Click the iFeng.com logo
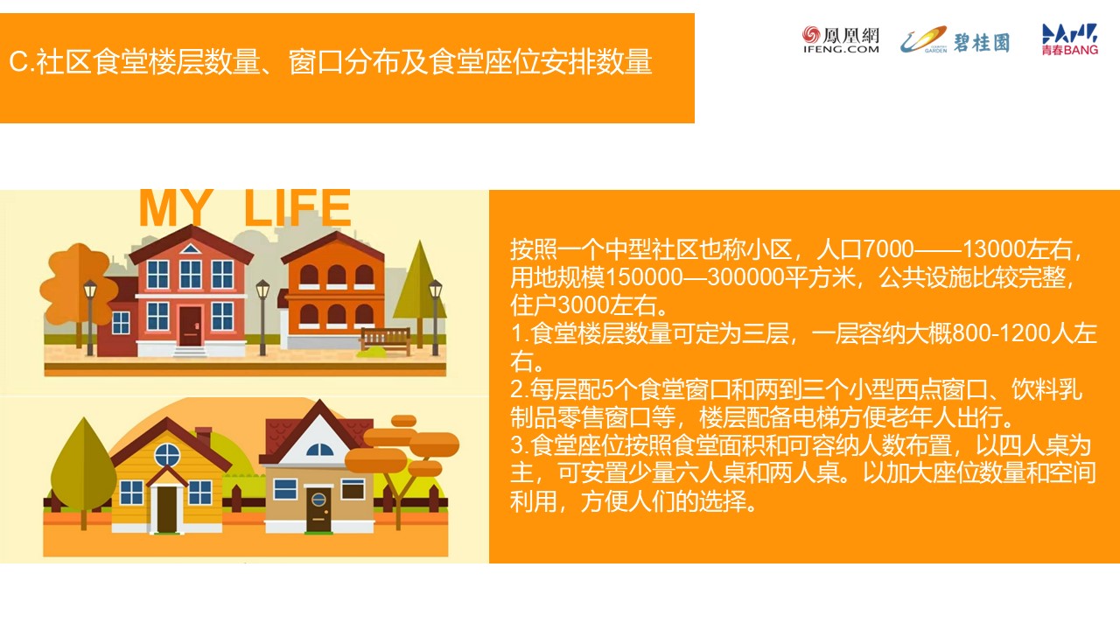pos(841,39)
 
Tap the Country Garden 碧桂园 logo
pos(955,40)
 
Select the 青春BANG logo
pos(1070,39)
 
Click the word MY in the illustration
pos(176,208)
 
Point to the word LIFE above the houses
pos(297,208)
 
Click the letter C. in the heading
pos(20,62)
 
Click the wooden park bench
pos(386,340)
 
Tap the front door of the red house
pos(190,326)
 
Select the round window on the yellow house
pos(167,455)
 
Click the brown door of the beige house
pos(318,509)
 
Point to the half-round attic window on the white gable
pos(319,450)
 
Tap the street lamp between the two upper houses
pos(262,318)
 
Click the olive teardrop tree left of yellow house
pos(83,472)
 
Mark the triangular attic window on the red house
pos(190,248)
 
